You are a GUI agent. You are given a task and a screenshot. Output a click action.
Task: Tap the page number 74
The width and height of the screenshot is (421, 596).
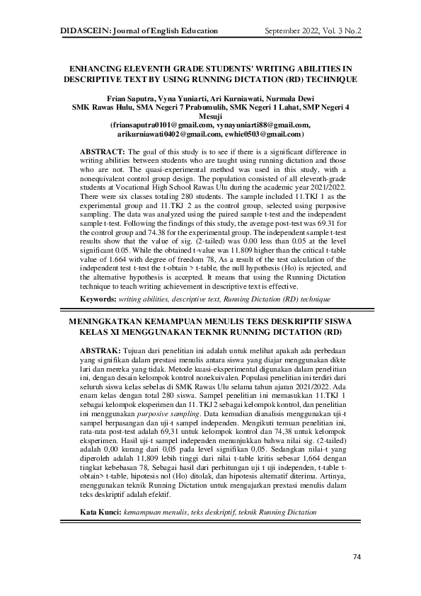(x=357, y=557)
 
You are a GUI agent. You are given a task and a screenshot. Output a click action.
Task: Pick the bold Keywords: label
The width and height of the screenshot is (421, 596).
(x=98, y=300)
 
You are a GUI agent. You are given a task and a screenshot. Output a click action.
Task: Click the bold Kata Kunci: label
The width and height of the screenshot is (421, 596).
(x=101, y=491)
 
